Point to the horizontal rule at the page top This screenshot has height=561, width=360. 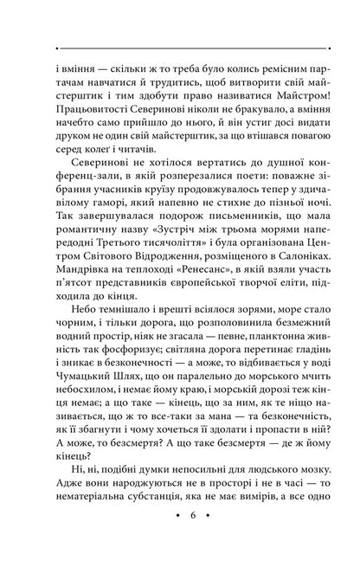tap(180, 47)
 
